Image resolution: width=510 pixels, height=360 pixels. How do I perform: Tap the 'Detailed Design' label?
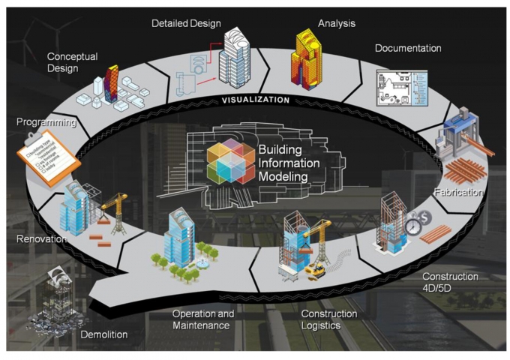click(x=186, y=23)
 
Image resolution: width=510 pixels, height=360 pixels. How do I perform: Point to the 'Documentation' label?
click(x=407, y=49)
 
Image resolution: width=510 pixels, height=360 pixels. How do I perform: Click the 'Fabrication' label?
click(x=459, y=192)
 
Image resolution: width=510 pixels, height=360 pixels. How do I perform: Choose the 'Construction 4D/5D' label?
click(x=450, y=282)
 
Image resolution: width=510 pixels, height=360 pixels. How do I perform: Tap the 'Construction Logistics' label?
click(x=329, y=319)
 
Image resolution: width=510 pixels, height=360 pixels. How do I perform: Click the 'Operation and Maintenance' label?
click(x=203, y=319)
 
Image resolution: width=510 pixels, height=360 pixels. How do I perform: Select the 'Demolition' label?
click(x=103, y=334)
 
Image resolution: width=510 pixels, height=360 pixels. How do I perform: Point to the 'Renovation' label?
click(x=41, y=239)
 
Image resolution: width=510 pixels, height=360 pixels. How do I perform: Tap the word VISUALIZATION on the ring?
click(x=254, y=100)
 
